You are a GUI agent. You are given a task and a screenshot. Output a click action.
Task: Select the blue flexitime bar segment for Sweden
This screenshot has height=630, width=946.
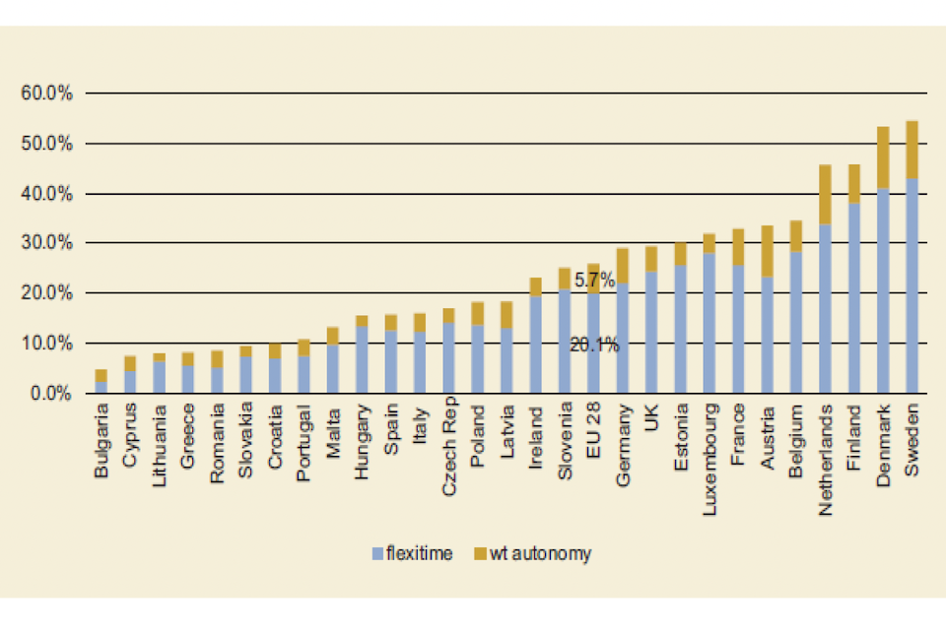912,285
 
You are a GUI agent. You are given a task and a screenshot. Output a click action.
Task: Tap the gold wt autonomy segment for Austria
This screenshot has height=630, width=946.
767,251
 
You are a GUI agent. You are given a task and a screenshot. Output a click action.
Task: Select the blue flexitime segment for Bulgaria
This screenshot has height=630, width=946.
101,387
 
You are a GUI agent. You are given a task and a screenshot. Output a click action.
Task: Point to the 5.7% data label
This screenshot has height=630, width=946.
594,281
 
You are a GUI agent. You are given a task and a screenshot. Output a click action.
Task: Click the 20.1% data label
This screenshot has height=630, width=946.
594,345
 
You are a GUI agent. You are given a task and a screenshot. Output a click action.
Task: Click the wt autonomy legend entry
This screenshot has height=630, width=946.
532,553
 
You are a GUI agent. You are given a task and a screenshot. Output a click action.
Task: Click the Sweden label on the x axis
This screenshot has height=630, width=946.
912,437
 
